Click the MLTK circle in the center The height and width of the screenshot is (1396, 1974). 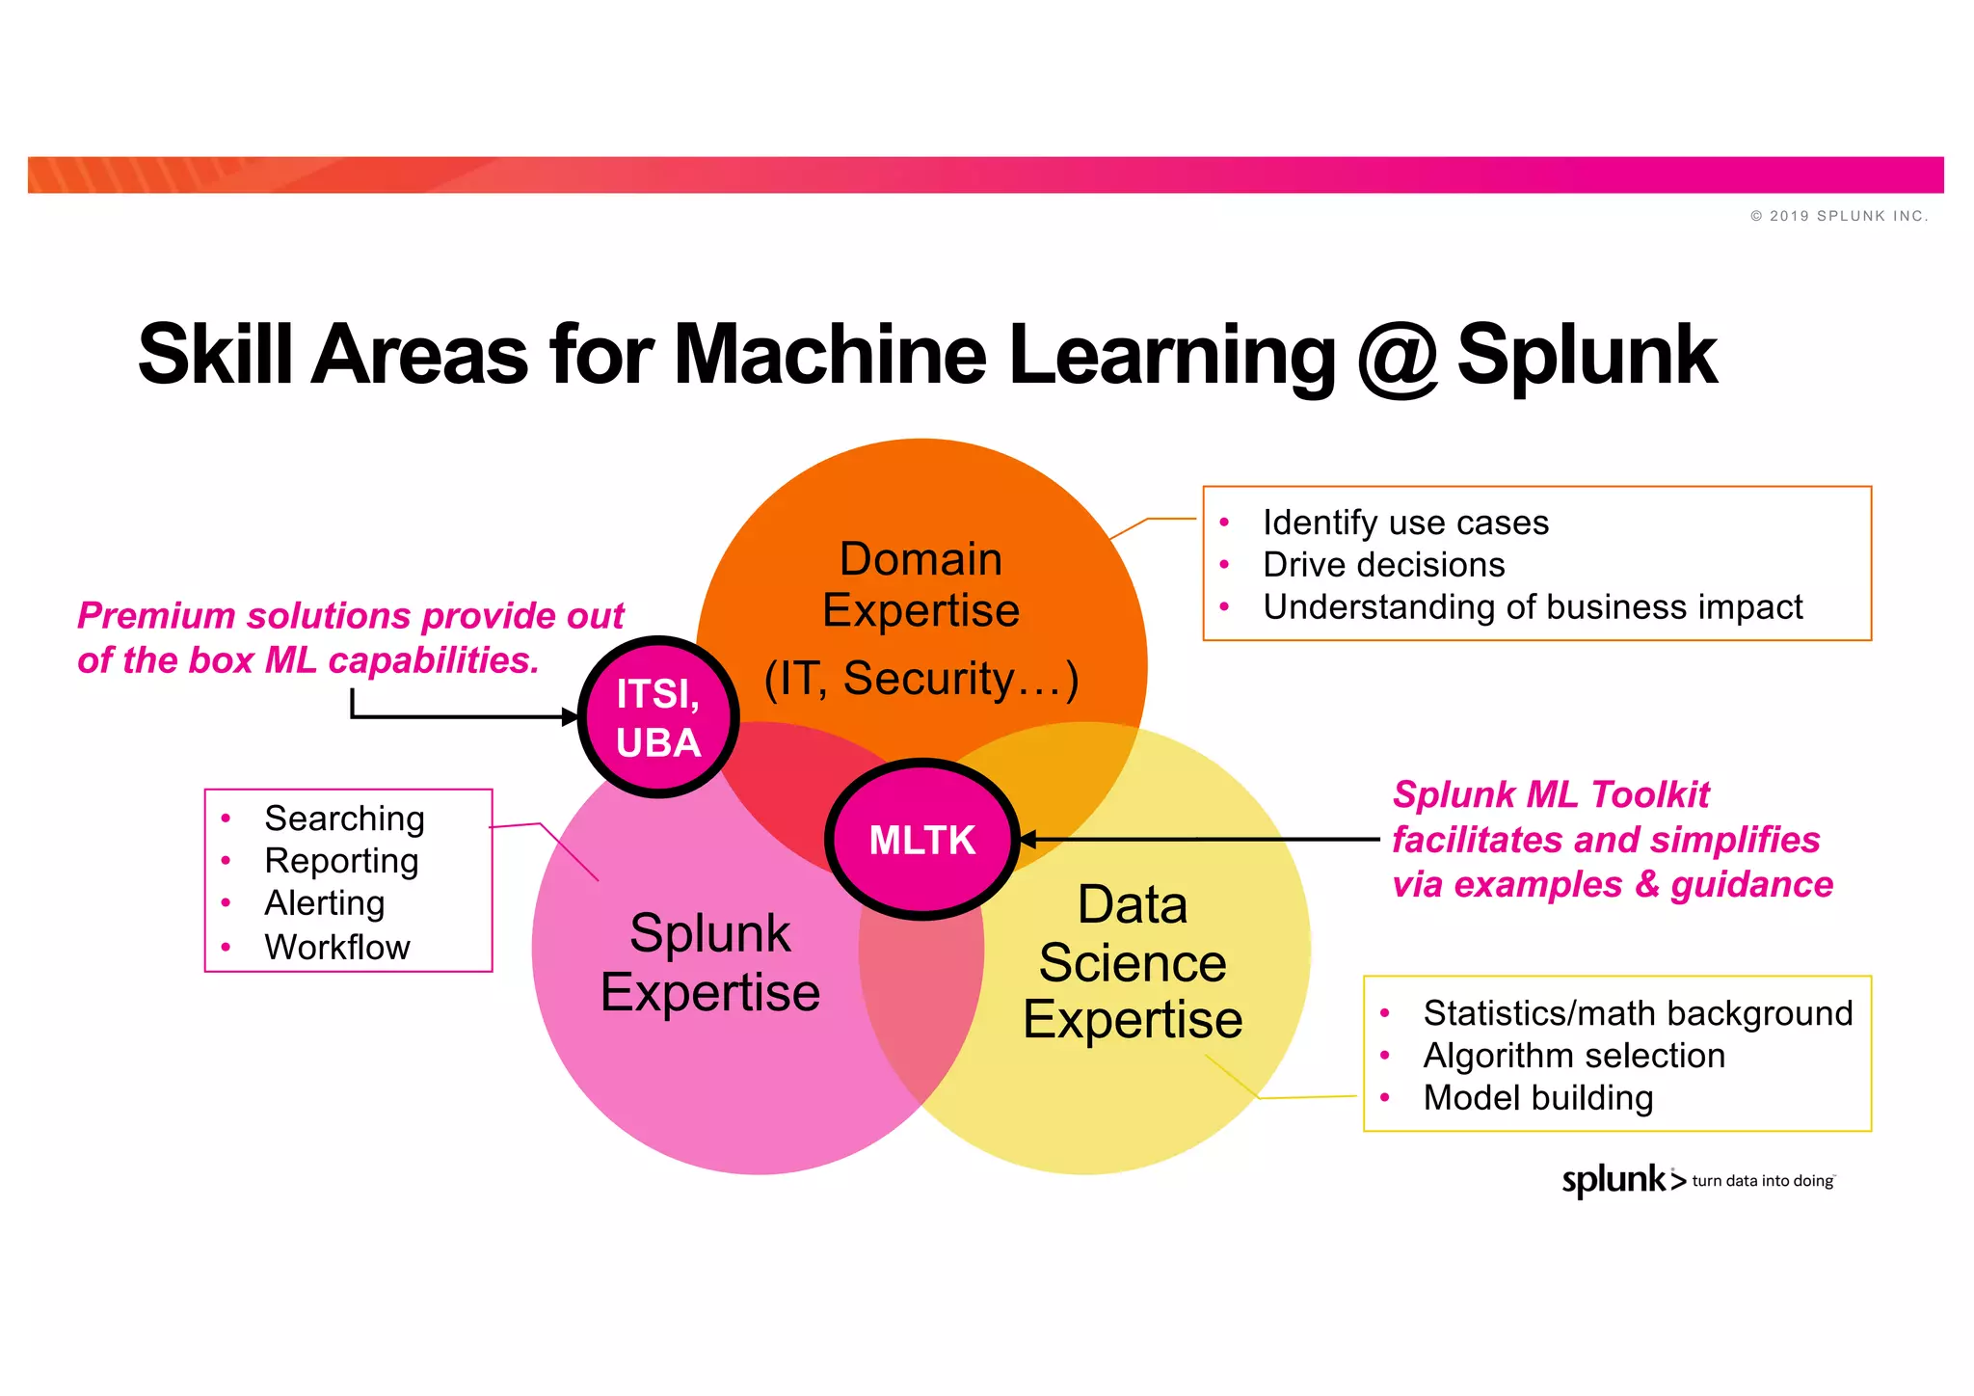point(922,840)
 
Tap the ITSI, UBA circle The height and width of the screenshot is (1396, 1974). point(658,717)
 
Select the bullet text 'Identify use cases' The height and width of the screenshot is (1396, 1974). point(1405,523)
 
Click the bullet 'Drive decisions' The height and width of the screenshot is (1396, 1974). point(1383,565)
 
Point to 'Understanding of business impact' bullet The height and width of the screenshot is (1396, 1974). point(1532,607)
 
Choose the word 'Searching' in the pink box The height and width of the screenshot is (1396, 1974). point(344,819)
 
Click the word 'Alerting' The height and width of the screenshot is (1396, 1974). point(325,903)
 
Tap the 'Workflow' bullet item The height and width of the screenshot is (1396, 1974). point(337,947)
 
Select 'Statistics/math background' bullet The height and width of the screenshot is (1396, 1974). point(1638,1013)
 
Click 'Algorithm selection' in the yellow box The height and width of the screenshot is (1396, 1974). point(1574,1056)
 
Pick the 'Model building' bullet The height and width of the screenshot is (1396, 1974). point(1538,1098)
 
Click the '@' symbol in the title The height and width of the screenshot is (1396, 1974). point(1397,357)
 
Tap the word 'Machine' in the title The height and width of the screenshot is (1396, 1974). point(830,355)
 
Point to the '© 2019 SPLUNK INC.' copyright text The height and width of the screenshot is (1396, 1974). point(1839,216)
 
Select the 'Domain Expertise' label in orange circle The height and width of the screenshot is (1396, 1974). point(920,584)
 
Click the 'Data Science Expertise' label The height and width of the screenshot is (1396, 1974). point(1133,962)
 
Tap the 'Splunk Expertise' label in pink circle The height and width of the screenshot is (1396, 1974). point(710,962)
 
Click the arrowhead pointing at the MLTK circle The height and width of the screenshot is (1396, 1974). point(1028,840)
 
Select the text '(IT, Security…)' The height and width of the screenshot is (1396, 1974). point(920,679)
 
